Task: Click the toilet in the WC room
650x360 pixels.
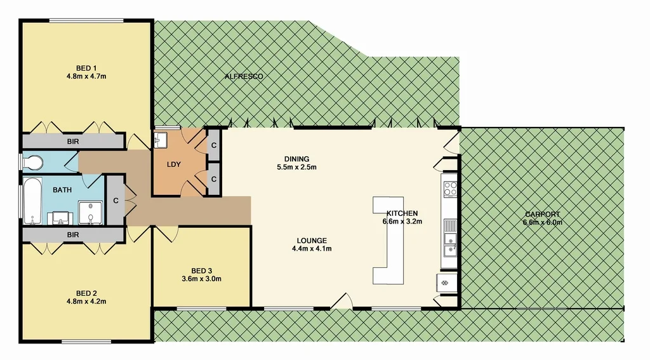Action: click(x=32, y=163)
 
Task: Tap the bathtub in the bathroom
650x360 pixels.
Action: click(x=32, y=201)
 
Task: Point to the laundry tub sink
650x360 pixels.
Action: click(x=161, y=139)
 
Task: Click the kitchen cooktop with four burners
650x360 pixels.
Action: click(x=450, y=188)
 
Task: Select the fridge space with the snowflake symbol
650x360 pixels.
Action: click(x=446, y=281)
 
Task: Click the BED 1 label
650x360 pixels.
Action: click(x=86, y=68)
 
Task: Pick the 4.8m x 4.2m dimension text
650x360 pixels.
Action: click(x=86, y=302)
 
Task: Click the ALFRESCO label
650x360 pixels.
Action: click(x=244, y=77)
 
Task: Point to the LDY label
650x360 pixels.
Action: click(x=173, y=164)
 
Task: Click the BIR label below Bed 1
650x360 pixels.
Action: click(x=72, y=142)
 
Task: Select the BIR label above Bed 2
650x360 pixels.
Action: click(x=72, y=235)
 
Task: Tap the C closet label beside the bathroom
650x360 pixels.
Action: click(x=116, y=201)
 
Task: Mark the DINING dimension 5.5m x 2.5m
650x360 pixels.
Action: click(x=296, y=168)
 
